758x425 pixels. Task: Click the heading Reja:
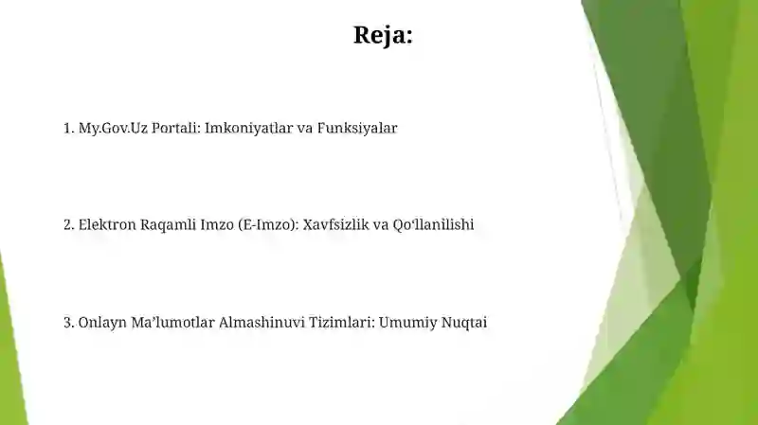coord(383,35)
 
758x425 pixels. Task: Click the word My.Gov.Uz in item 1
coord(108,128)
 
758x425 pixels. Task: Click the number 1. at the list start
coord(68,128)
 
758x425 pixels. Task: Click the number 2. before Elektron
coord(68,225)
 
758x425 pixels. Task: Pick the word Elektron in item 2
coord(106,225)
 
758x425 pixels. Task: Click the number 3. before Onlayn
coord(68,323)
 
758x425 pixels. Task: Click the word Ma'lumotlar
coord(172,323)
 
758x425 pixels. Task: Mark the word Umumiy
coord(406,323)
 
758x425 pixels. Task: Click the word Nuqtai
coord(465,323)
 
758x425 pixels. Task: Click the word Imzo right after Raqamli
coord(212,225)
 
